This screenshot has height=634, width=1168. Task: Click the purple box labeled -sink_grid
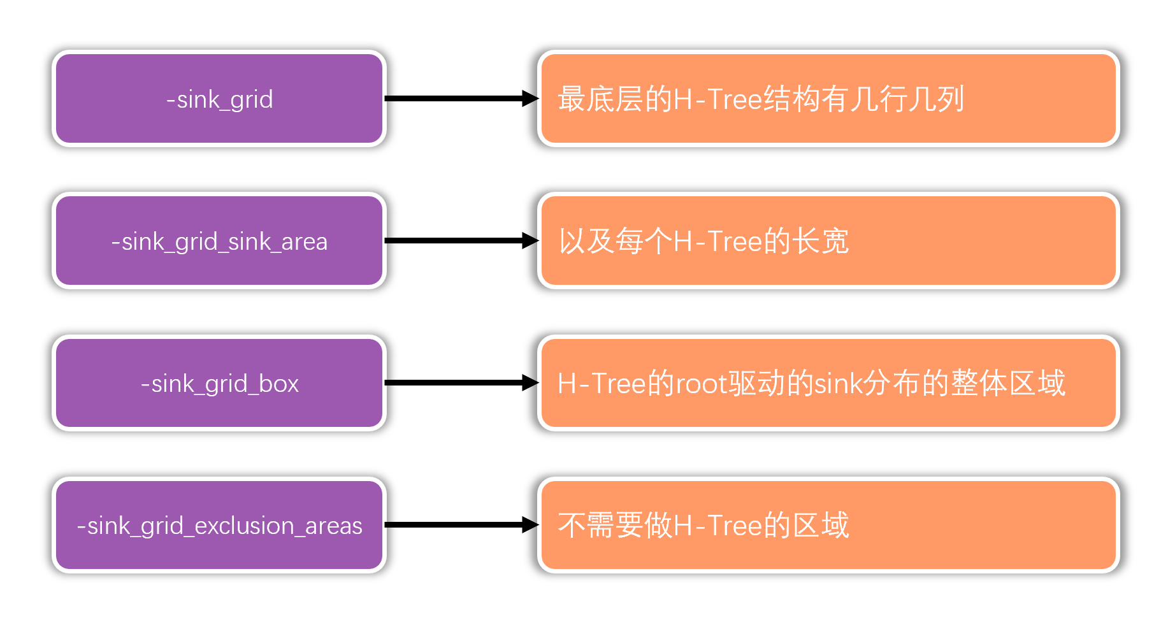pyautogui.click(x=219, y=99)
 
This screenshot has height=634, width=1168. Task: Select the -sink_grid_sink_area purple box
pyautogui.click(x=219, y=241)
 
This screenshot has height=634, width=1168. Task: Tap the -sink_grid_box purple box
pyautogui.click(x=219, y=383)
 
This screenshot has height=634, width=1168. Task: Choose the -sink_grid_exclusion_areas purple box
pyautogui.click(x=219, y=525)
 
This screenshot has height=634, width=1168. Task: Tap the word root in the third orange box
pyautogui.click(x=702, y=384)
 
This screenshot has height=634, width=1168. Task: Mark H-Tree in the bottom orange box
pyautogui.click(x=717, y=526)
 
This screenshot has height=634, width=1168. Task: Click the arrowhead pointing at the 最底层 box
pyautogui.click(x=530, y=99)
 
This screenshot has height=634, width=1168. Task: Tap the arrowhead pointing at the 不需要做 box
pyautogui.click(x=530, y=525)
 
